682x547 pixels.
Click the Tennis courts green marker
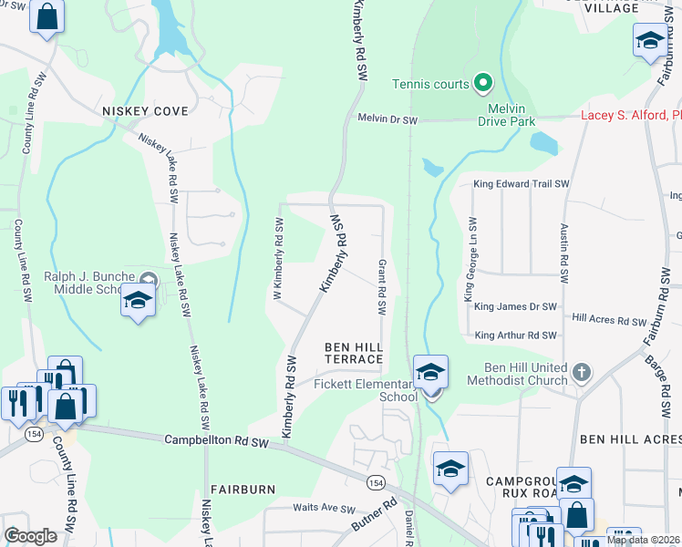pyautogui.click(x=483, y=84)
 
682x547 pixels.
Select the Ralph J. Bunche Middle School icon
pyautogui.click(x=137, y=301)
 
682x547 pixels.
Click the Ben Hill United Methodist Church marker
pyautogui.click(x=583, y=372)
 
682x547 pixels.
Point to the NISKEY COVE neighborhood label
pyautogui.click(x=145, y=111)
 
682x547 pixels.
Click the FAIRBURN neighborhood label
pyautogui.click(x=243, y=490)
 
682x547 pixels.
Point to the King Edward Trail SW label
pyautogui.click(x=520, y=183)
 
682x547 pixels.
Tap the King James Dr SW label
pyautogui.click(x=511, y=307)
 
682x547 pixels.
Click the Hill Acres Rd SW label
pyautogui.click(x=608, y=320)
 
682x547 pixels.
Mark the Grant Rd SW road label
pyautogui.click(x=382, y=288)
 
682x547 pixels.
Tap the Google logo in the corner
pyautogui.click(x=31, y=535)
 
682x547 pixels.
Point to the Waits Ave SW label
pyautogui.click(x=323, y=507)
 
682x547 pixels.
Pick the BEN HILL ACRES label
pyautogui.click(x=630, y=439)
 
